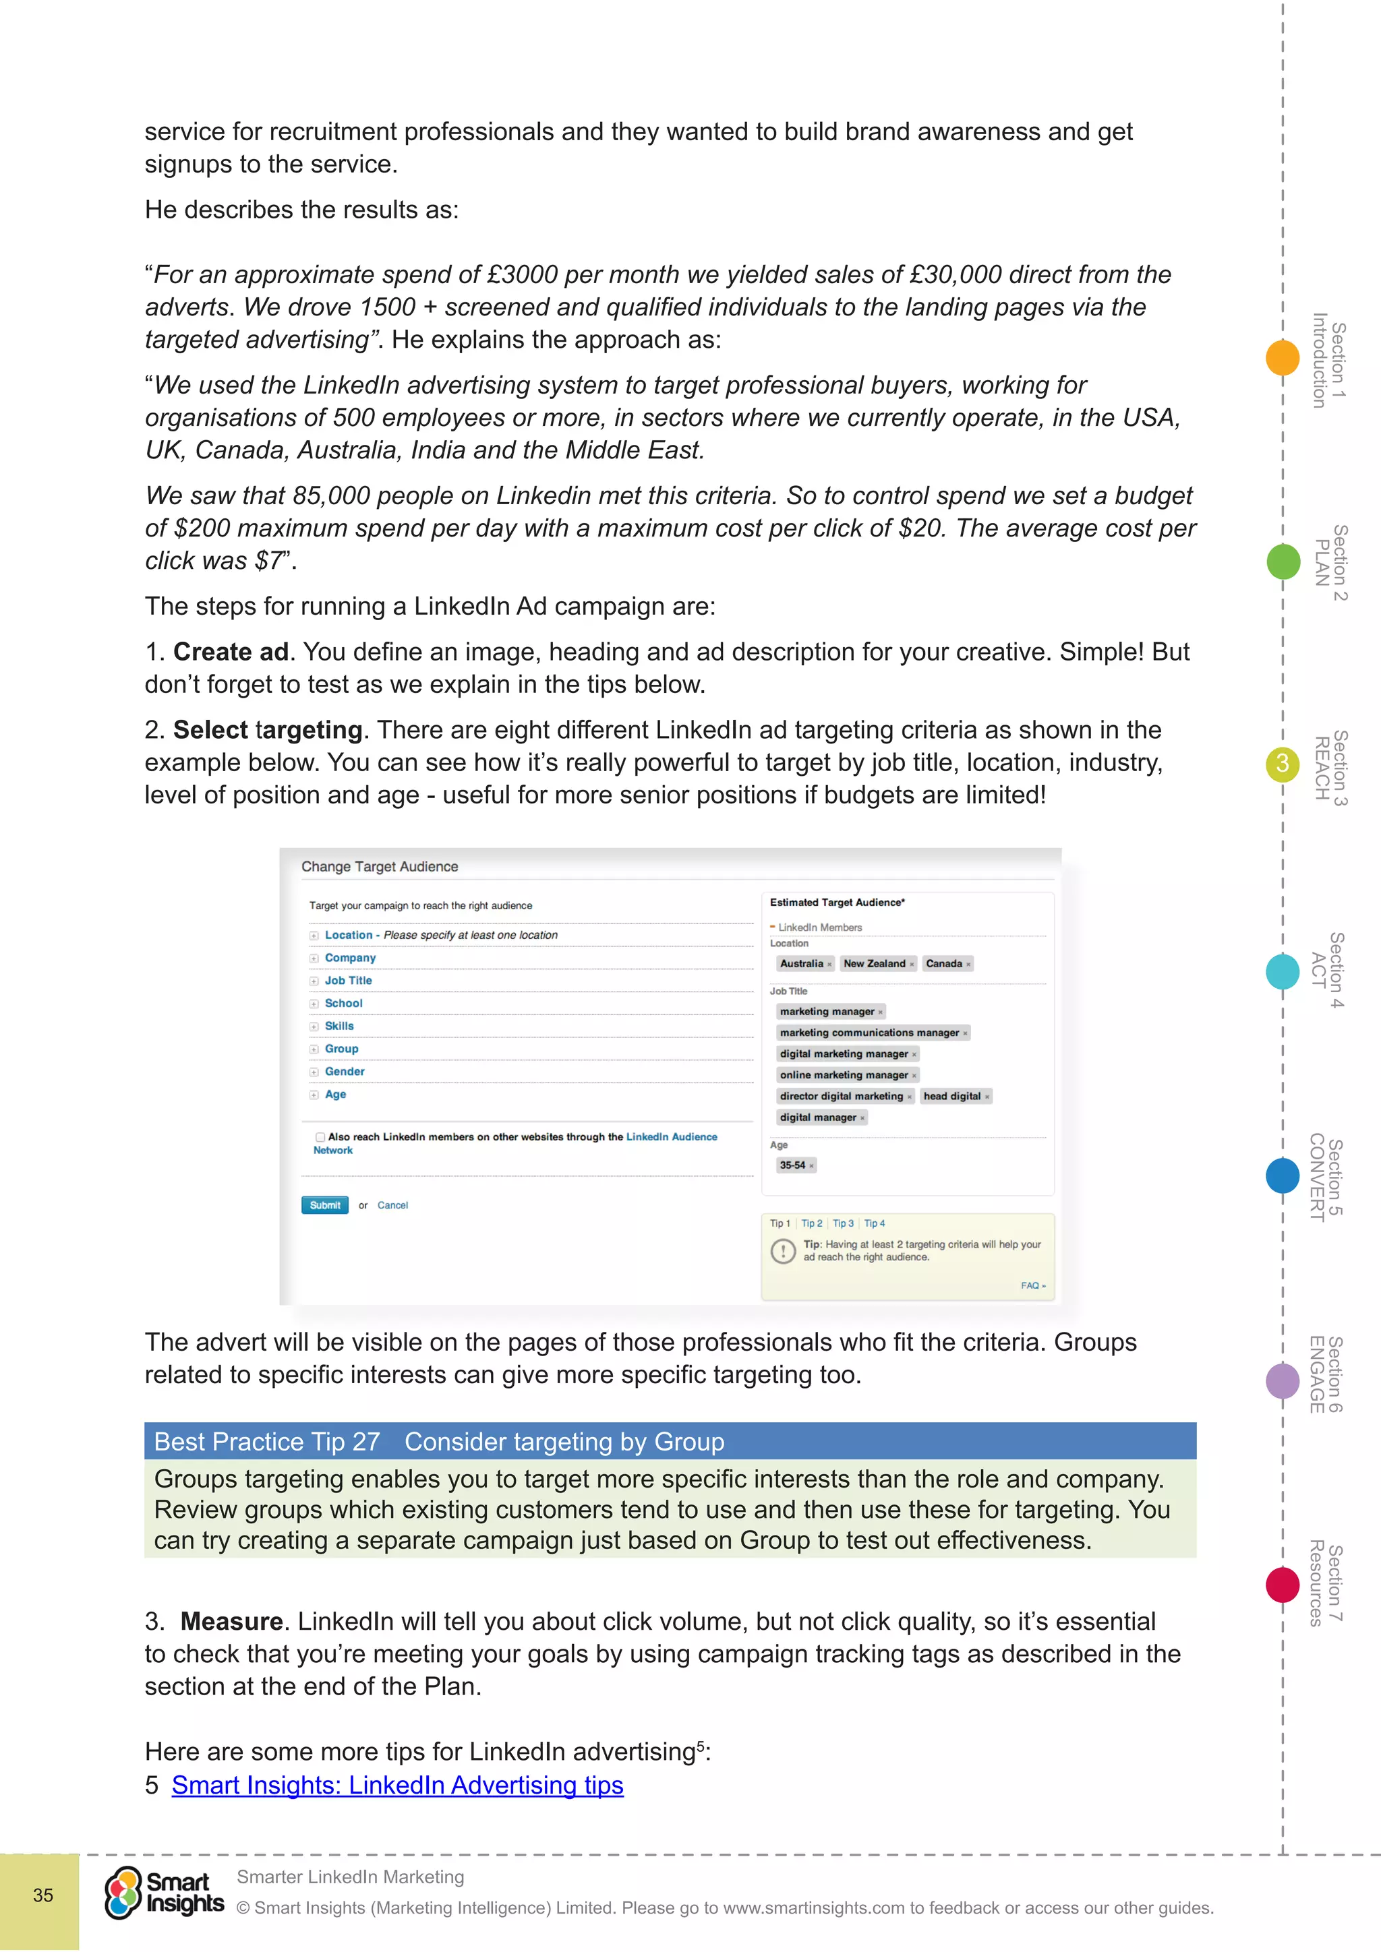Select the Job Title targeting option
click(x=348, y=980)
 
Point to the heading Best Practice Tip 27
click(x=267, y=1442)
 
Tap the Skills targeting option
click(x=339, y=1026)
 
